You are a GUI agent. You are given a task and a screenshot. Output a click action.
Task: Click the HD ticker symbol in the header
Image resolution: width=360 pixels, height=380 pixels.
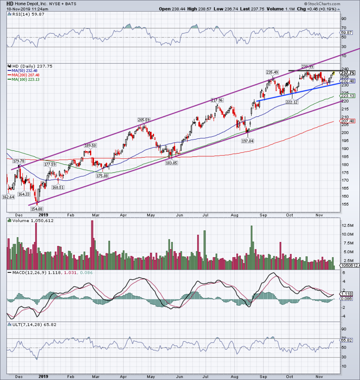point(9,4)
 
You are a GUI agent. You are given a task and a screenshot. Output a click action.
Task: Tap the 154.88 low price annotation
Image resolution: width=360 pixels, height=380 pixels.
point(36,209)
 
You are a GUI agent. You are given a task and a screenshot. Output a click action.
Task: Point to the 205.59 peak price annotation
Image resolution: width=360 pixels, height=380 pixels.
point(143,120)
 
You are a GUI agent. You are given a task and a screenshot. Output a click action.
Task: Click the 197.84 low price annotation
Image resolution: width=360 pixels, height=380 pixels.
point(247,141)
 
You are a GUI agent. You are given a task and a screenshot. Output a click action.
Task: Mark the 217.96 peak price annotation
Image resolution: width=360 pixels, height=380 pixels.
point(217,100)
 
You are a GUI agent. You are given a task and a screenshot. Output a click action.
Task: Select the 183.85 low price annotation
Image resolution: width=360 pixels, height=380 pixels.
point(171,163)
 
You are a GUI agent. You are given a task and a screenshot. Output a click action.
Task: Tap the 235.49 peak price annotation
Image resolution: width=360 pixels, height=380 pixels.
point(272,72)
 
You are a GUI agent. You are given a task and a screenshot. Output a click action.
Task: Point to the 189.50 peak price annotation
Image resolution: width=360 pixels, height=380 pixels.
point(90,145)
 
